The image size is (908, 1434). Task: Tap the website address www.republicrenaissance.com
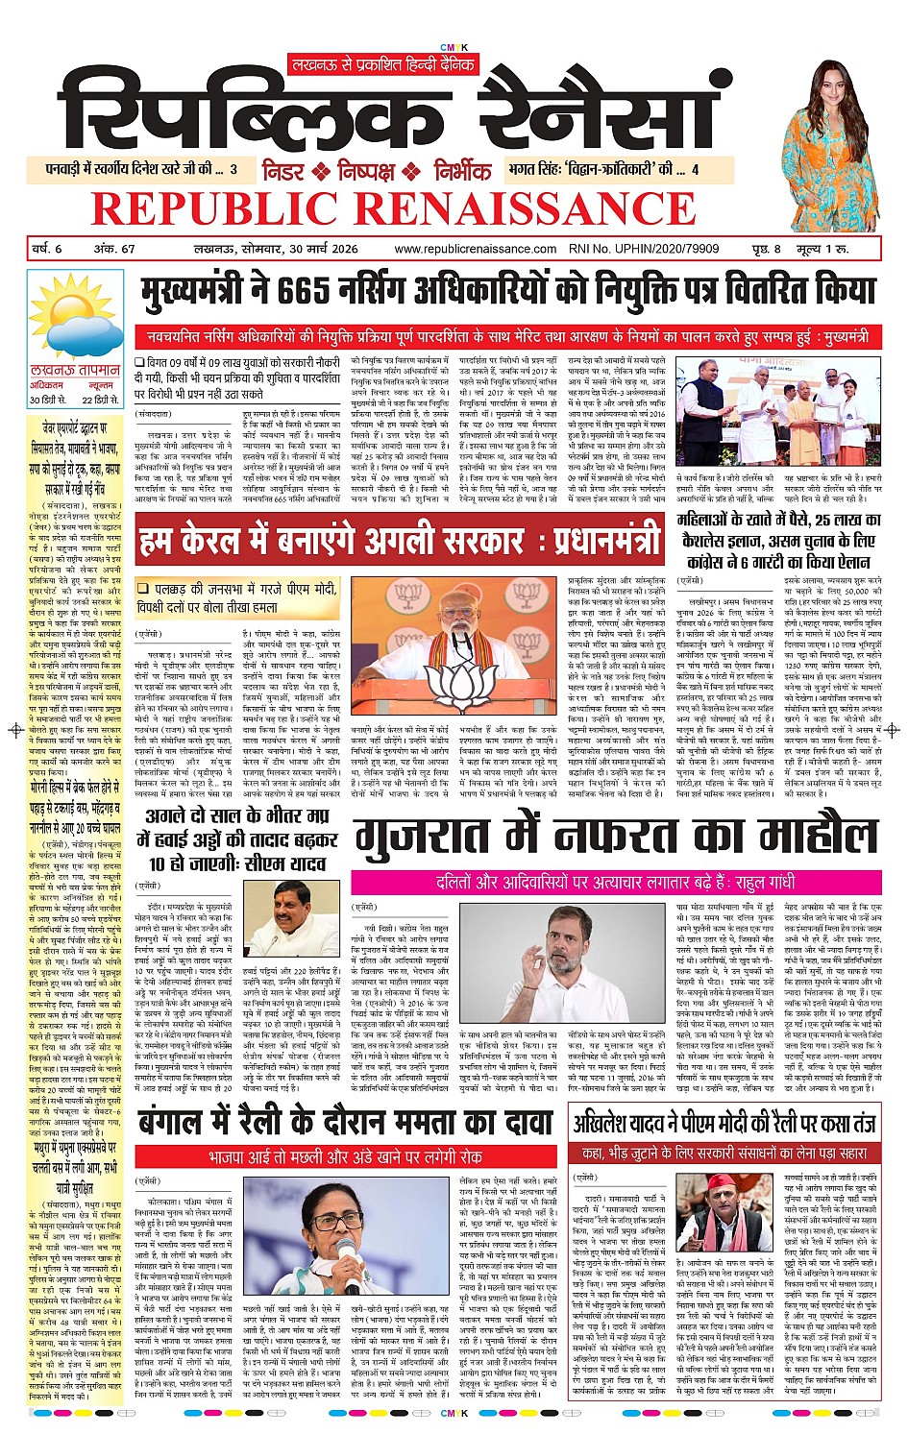tap(475, 249)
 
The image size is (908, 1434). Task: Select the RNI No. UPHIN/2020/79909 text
tap(651, 249)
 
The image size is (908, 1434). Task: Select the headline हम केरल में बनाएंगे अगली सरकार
tap(399, 541)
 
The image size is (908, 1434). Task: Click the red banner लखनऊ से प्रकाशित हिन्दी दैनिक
tap(383, 64)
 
